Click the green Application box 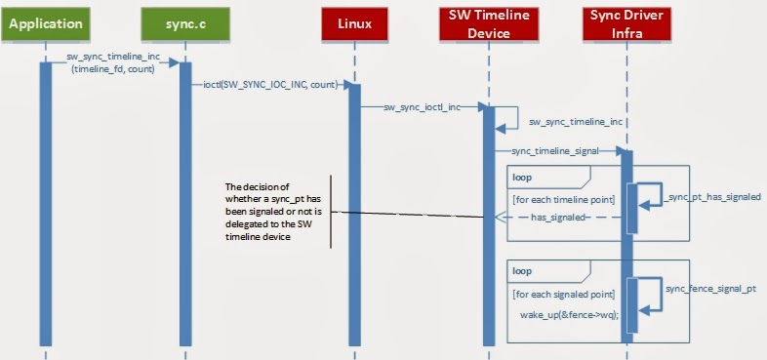click(x=45, y=21)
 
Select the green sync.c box click(x=184, y=21)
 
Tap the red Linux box click(x=354, y=21)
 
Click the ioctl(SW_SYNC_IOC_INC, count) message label click(x=270, y=85)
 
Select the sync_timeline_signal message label click(x=554, y=151)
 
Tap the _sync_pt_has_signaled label click(x=714, y=197)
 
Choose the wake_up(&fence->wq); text click(x=563, y=314)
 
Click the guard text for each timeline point click(x=562, y=200)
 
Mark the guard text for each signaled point click(x=563, y=294)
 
